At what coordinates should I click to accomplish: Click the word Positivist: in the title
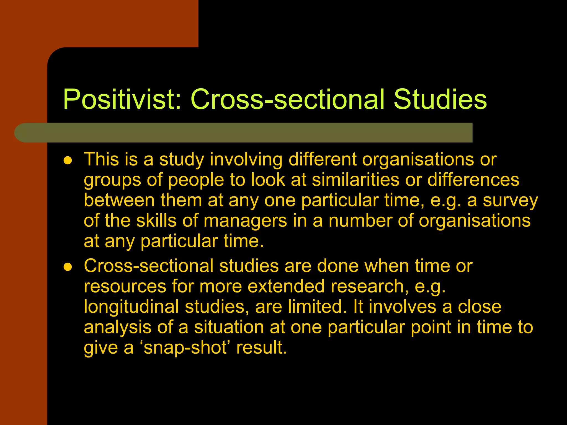click(x=122, y=100)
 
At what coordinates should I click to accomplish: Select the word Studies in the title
click(x=440, y=100)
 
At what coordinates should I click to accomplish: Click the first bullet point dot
click(x=68, y=160)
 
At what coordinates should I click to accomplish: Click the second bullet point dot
click(x=68, y=267)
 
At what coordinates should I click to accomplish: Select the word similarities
click(x=355, y=180)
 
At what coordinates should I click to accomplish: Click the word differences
click(x=473, y=180)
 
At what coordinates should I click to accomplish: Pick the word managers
click(x=245, y=221)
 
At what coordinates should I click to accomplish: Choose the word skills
click(x=156, y=221)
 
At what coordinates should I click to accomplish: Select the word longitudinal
click(x=131, y=307)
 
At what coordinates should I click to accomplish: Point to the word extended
click(x=286, y=286)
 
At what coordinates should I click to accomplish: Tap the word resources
click(x=125, y=286)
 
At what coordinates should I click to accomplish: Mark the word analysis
click(x=117, y=327)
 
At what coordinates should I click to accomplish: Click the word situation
click(x=229, y=327)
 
